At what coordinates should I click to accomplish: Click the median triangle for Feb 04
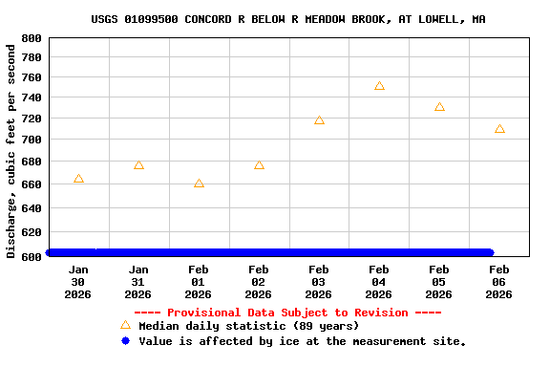[379, 86]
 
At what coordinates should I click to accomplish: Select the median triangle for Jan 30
[78, 179]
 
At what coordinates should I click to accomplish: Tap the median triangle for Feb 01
[199, 183]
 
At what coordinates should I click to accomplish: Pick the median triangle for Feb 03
[319, 120]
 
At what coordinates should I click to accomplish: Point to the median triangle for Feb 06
[499, 129]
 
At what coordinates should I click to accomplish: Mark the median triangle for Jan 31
[138, 165]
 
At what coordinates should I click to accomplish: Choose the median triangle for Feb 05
[439, 107]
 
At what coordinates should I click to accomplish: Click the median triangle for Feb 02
[259, 165]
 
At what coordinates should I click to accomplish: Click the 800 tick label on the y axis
[31, 38]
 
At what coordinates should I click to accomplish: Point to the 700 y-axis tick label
[31, 140]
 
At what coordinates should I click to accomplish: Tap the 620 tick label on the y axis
[31, 232]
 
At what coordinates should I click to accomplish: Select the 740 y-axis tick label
[31, 98]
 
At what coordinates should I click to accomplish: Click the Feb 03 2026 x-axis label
[319, 282]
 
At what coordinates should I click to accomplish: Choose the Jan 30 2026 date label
[78, 282]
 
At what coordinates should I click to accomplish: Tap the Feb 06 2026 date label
[499, 282]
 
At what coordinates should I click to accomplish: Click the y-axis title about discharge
[11, 149]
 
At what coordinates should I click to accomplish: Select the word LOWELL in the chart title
[440, 19]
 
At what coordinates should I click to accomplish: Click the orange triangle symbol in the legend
[125, 325]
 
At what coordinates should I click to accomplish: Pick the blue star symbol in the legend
[125, 341]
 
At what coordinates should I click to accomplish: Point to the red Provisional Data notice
[287, 313]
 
